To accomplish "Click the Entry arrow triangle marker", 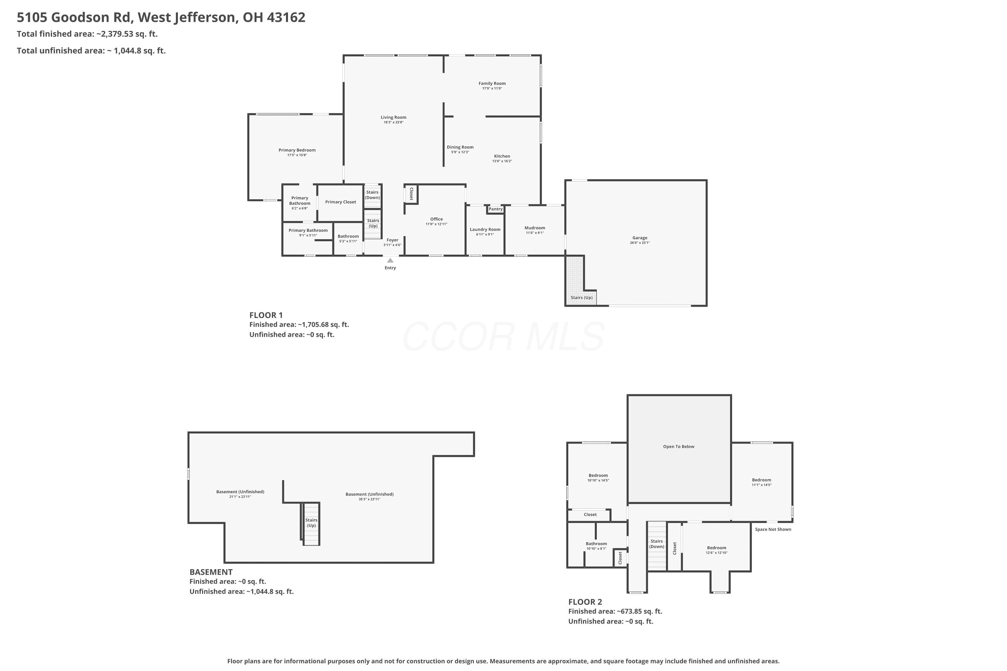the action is (390, 260).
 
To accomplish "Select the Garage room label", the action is (640, 238).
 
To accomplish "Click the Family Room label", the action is (492, 84).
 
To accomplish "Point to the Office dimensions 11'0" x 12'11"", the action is (436, 224).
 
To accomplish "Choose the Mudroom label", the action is (535, 228).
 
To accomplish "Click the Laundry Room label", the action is (485, 230).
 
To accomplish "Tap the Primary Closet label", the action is (340, 202).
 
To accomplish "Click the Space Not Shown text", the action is (773, 529).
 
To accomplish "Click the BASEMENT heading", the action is (211, 572).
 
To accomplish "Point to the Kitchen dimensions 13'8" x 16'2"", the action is (502, 161).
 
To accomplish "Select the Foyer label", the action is (392, 241).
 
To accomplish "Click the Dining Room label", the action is (460, 147).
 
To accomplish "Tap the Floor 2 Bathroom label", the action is (596, 544).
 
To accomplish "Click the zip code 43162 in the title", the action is (286, 17).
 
